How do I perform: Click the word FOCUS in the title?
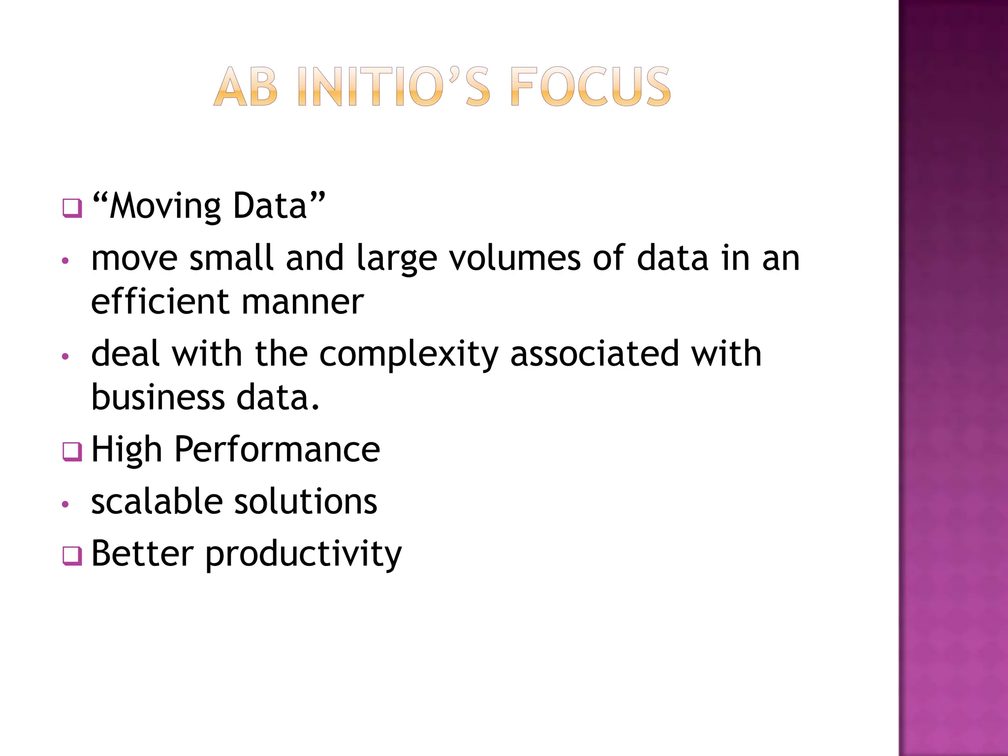pos(591,87)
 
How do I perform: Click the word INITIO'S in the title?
pos(394,87)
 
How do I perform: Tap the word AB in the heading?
pos(246,87)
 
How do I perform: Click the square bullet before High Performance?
pos(72,451)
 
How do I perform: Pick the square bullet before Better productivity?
pos(72,556)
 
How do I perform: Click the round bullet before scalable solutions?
pos(65,504)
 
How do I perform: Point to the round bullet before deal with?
pos(65,356)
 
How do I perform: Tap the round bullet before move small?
pos(65,261)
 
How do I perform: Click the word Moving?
pos(165,207)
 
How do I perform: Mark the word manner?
pos(303,302)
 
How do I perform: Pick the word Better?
pos(143,554)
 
